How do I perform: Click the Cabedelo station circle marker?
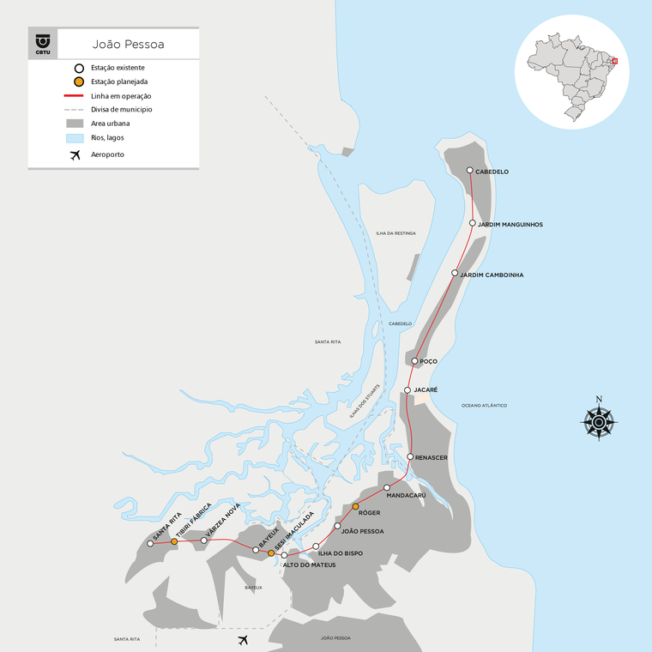[x=469, y=171]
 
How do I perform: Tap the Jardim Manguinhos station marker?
[x=473, y=223]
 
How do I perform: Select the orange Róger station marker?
[x=355, y=507]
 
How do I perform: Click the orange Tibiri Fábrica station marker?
[x=174, y=541]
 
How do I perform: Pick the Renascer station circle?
[x=411, y=456]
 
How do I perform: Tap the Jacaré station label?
[x=426, y=389]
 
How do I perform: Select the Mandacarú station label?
[x=407, y=495]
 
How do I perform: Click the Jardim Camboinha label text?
[x=492, y=275]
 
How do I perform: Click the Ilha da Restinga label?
[x=395, y=233]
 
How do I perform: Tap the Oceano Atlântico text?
[x=485, y=405]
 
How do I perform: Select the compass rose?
[x=599, y=420]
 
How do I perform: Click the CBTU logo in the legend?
[x=43, y=43]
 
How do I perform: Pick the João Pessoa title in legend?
[x=129, y=42]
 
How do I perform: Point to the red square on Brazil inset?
[x=614, y=61]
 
